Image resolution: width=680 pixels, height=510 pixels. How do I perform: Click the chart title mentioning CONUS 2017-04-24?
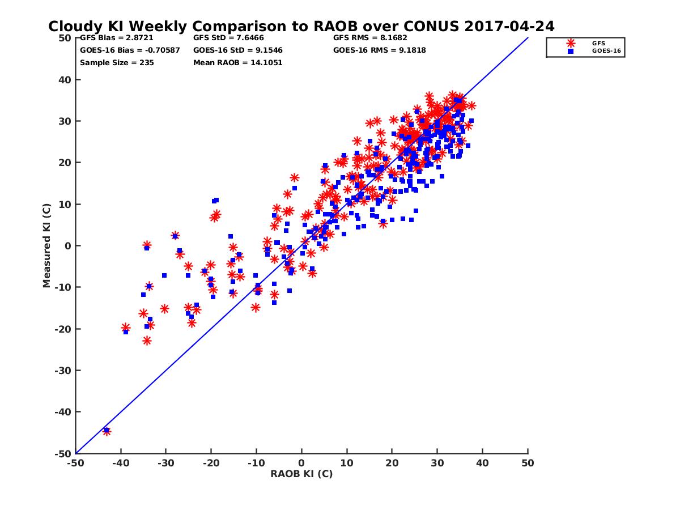point(301,26)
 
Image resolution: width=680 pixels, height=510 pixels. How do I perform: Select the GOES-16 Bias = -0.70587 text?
point(130,50)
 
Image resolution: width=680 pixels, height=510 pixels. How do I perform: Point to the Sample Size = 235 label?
point(117,63)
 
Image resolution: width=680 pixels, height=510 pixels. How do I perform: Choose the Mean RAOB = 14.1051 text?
point(237,63)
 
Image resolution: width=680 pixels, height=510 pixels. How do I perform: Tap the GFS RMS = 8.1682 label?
point(370,38)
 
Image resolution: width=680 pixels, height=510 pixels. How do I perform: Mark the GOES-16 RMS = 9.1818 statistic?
point(379,50)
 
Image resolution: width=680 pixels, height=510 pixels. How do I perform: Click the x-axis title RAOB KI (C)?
point(301,474)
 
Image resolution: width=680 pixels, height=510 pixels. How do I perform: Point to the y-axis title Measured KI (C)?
point(46,245)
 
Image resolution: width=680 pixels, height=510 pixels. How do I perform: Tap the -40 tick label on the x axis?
point(120,463)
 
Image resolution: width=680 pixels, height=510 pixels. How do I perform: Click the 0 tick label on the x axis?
point(301,463)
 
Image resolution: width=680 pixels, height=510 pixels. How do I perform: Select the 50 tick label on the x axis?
point(528,463)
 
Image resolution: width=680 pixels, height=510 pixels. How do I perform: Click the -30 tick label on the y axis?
point(62,371)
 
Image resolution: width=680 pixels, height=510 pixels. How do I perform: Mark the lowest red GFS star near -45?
point(107,431)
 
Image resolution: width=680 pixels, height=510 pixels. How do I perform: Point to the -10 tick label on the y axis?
point(62,287)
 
